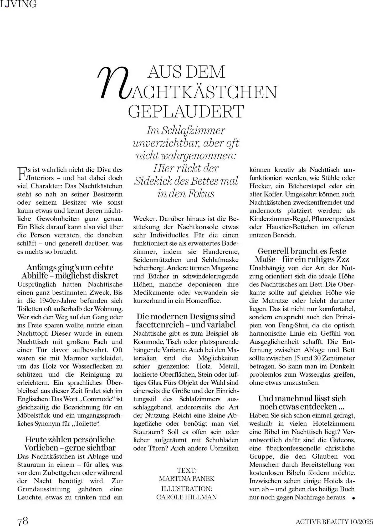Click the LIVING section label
tap(18, 4)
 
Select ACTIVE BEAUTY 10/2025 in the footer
tap(334, 521)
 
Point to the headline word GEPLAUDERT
tap(186, 111)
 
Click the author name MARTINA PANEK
tap(187, 478)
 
